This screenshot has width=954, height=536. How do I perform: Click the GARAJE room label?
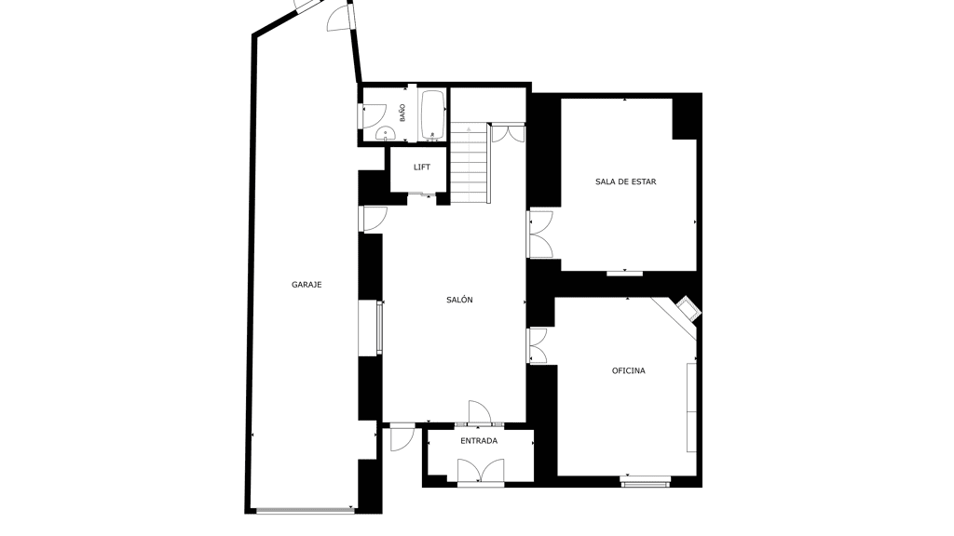306,285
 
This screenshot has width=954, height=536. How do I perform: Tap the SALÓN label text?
459,300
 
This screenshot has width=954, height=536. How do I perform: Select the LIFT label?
422,167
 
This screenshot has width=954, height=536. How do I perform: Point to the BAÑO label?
402,113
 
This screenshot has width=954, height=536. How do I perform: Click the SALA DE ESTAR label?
625,181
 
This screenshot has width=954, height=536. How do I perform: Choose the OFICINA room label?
629,370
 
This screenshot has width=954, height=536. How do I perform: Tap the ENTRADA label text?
479,440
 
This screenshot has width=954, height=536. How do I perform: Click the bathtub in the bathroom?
432,115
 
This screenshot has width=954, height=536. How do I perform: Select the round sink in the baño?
385,133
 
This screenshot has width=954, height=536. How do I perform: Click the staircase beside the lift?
470,163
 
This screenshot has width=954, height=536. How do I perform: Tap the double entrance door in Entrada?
481,472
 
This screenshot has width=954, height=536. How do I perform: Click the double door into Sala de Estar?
540,234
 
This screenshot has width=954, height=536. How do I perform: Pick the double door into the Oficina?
538,346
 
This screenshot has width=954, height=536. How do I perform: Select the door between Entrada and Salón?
480,412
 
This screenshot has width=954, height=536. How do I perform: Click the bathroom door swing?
375,115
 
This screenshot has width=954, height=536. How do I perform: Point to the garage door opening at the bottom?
305,511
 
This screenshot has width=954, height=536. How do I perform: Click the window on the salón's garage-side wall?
379,328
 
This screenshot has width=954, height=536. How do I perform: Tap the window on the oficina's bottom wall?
645,481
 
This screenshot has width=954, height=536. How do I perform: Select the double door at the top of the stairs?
508,133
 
